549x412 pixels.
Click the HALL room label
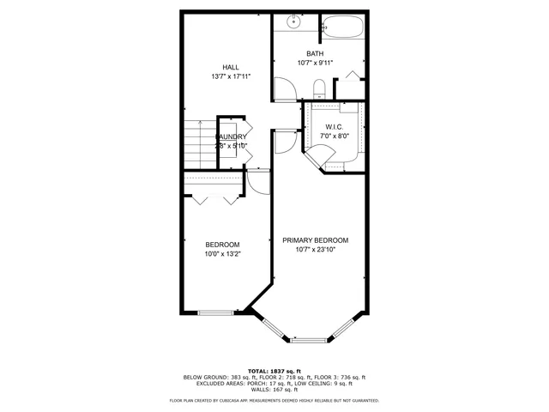(230, 67)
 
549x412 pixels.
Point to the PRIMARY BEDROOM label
(315, 240)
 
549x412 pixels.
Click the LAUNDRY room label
(232, 136)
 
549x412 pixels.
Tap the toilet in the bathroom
(318, 88)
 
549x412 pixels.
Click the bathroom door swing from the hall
(286, 88)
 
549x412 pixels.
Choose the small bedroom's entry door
(258, 183)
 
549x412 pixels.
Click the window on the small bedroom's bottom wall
(215, 312)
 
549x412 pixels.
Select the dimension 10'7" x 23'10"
(315, 251)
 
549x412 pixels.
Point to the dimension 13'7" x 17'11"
(230, 76)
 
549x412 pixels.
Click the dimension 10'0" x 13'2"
(222, 254)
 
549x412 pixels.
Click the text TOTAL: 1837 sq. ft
(274, 370)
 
